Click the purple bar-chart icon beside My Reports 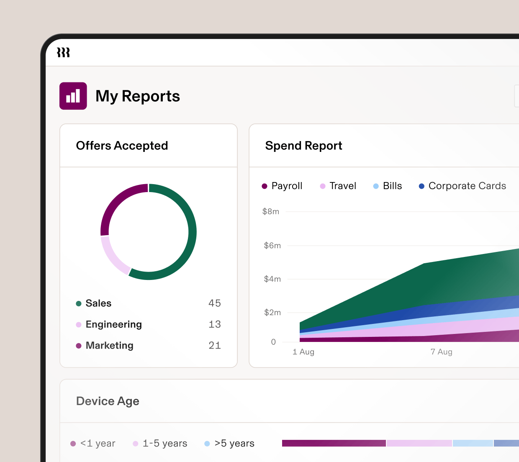73,96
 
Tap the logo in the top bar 63,52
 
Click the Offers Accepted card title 122,146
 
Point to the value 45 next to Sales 214,303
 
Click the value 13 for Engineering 214,324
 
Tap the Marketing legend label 109,346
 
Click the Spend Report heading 303,146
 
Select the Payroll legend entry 282,186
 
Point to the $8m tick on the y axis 271,212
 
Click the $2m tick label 272,313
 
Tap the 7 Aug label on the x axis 441,352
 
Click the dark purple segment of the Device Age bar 334,443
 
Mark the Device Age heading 108,401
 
